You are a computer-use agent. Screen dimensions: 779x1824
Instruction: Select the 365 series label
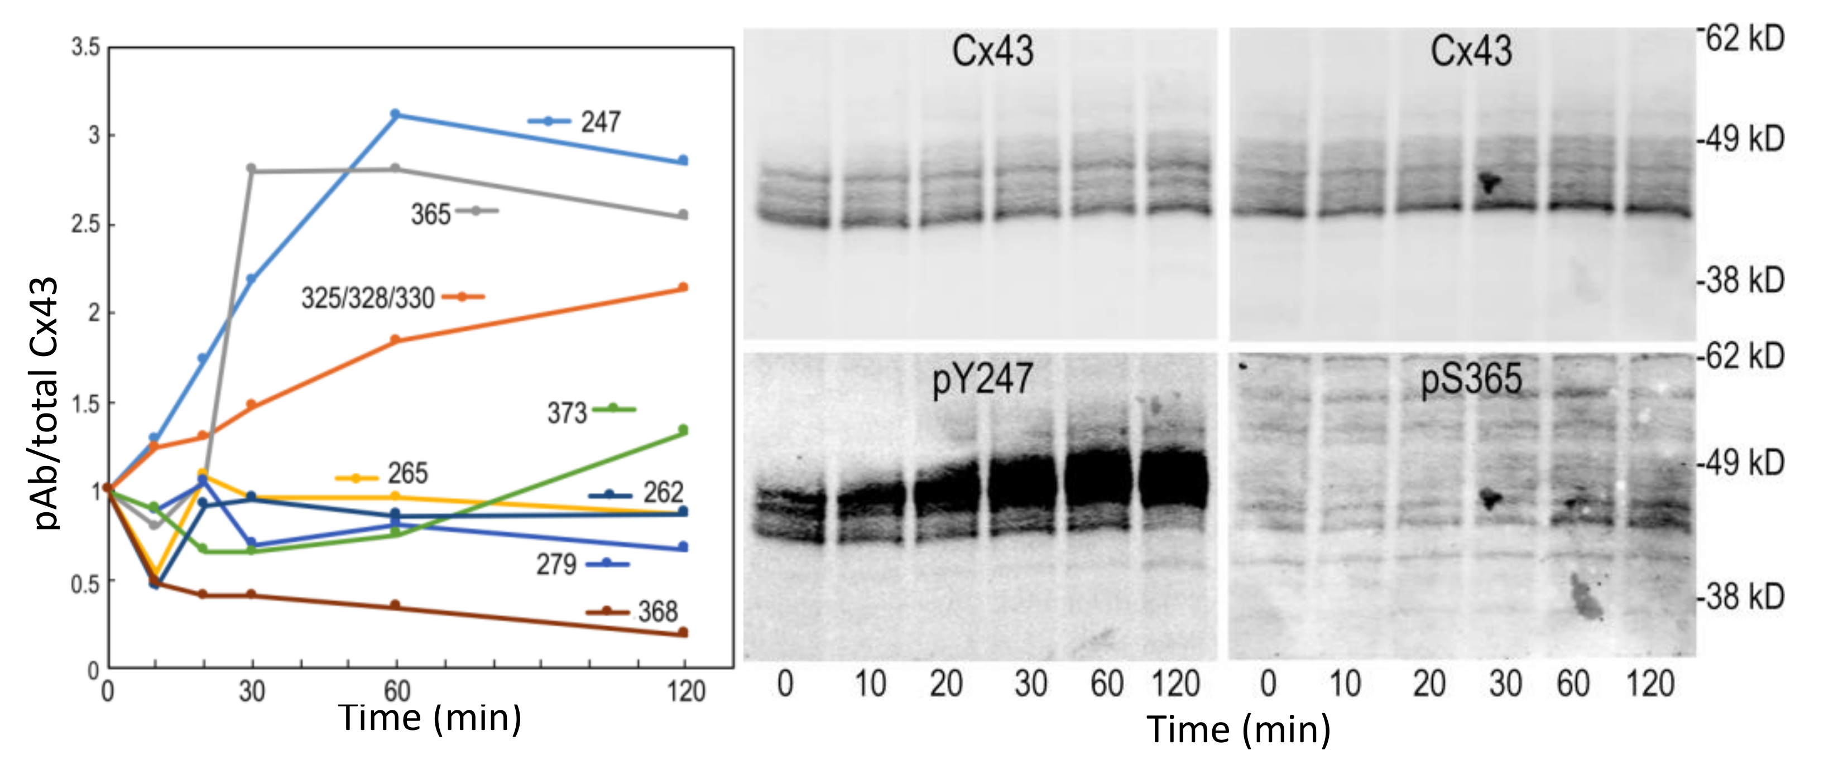430,214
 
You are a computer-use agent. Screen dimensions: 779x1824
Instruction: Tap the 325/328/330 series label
367,298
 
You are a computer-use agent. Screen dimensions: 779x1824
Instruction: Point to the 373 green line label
567,413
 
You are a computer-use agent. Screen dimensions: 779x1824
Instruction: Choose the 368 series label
658,612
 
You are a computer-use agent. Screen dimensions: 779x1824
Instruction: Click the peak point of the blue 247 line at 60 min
396,114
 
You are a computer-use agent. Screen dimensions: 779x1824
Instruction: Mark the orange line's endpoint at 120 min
683,287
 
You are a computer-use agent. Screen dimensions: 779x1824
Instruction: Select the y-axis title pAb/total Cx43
45,403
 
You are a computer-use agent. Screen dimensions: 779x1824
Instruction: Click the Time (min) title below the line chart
430,719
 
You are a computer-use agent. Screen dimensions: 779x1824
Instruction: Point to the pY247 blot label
982,379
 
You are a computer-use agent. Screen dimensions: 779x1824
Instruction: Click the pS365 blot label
1471,379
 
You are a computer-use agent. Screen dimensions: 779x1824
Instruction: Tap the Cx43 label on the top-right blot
1471,52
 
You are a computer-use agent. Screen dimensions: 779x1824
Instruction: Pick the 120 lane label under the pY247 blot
1175,684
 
